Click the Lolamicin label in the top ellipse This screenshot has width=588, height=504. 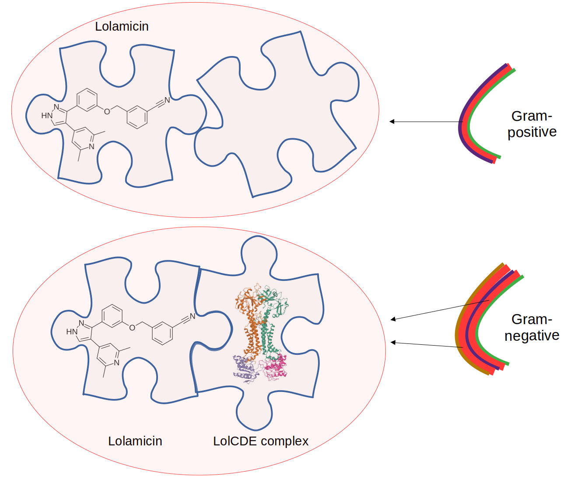point(122,26)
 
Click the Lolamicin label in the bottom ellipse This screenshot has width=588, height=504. point(135,441)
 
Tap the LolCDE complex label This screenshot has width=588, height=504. point(261,441)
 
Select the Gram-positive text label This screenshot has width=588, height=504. point(532,124)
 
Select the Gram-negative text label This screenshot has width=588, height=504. point(532,327)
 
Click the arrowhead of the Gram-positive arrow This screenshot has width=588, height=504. point(392,121)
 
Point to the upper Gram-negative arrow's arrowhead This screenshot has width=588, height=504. point(393,319)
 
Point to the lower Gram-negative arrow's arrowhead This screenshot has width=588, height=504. point(393,342)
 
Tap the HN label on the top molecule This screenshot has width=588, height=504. point(46,115)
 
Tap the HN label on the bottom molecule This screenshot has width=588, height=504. point(71,332)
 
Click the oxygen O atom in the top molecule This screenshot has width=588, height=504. point(107,112)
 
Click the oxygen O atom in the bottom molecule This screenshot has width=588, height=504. point(132,327)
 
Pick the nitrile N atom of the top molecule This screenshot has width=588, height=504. point(167,100)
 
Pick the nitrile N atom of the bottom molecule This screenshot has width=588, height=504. point(192,316)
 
